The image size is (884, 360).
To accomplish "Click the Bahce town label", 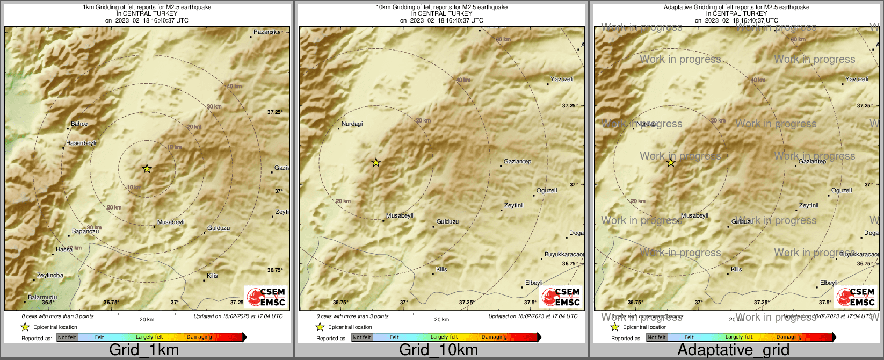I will click(x=79, y=124).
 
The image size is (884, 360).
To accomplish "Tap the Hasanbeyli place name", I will click(x=81, y=143).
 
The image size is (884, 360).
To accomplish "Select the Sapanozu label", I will click(x=85, y=232).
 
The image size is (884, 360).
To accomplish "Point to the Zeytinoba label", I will click(x=50, y=276).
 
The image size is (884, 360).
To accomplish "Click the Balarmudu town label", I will click(x=42, y=298).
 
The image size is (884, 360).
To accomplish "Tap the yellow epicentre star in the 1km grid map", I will click(x=147, y=169).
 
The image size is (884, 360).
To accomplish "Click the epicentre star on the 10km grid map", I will click(x=376, y=162).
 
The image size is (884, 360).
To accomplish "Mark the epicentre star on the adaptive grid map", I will click(x=671, y=162).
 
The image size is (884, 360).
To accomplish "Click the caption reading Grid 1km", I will click(x=144, y=350).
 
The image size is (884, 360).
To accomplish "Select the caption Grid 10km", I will click(x=438, y=350).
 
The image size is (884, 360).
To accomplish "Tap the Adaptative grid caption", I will click(x=733, y=350).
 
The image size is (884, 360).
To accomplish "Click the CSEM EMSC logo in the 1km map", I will click(x=266, y=297).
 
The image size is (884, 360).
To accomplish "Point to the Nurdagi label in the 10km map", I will click(x=352, y=124).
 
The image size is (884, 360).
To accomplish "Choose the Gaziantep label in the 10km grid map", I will click(x=517, y=162).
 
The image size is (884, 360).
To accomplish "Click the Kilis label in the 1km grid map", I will click(x=213, y=276).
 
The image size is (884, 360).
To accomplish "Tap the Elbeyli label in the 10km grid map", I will click(x=534, y=283).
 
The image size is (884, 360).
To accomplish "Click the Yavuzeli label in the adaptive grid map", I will click(x=857, y=80).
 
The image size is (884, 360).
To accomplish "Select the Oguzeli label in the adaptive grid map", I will click(x=842, y=191).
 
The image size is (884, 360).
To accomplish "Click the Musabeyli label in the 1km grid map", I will click(x=171, y=222).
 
